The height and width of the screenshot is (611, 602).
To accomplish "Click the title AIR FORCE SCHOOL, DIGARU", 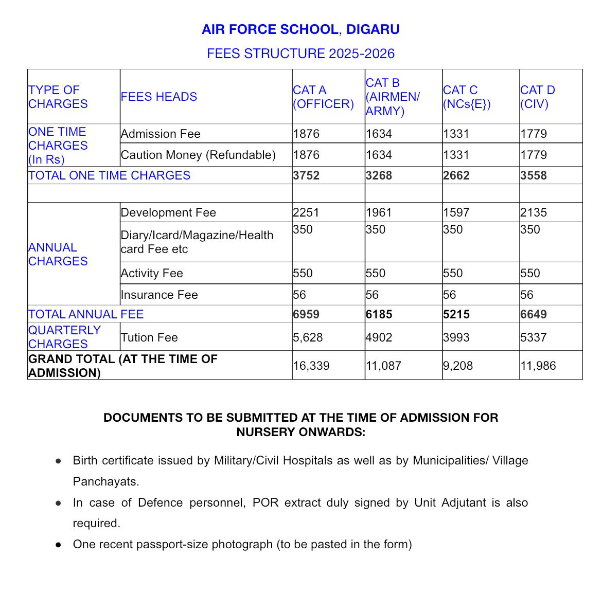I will (x=300, y=29).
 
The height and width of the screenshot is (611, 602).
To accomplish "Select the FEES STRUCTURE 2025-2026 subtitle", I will (x=300, y=53).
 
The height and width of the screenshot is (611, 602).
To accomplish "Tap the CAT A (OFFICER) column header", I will (x=323, y=97).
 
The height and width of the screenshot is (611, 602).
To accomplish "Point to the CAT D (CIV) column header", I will (x=537, y=97).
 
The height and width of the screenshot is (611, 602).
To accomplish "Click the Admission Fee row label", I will (x=161, y=134).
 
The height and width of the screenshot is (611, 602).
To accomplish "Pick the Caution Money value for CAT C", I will (x=456, y=155).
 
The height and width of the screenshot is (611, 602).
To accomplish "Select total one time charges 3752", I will (x=306, y=175).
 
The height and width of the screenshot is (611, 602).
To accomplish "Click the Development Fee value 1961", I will (x=379, y=212).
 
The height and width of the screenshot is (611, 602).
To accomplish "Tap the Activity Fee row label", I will (x=152, y=273).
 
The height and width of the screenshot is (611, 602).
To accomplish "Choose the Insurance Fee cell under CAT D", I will (x=527, y=295).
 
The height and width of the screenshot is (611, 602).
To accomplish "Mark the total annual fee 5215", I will (x=456, y=314).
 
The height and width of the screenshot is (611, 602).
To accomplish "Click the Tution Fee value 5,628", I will (x=308, y=337).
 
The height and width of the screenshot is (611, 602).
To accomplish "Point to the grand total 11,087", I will (x=383, y=366).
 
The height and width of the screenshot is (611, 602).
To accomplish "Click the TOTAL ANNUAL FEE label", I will (x=86, y=314).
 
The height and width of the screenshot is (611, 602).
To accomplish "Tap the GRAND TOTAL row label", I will (x=122, y=366).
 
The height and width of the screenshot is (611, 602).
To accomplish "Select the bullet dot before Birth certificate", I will (x=59, y=461).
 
